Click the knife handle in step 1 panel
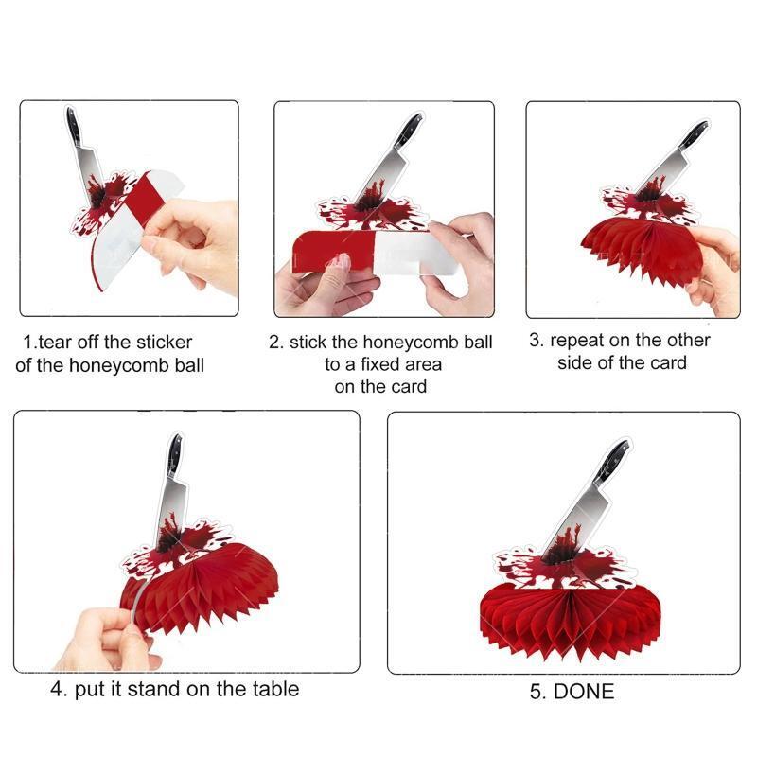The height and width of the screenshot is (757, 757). [x=74, y=126]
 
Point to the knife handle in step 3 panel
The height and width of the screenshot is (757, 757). [x=694, y=135]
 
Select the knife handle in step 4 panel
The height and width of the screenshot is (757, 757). [x=174, y=454]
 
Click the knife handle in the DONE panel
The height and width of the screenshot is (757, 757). [x=611, y=463]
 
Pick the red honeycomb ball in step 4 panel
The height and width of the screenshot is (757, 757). [x=202, y=589]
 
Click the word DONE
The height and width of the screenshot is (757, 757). [x=584, y=692]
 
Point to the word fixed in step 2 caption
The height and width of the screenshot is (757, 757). [x=380, y=364]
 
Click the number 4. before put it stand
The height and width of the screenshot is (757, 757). [x=59, y=689]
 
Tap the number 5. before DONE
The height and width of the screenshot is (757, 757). [x=537, y=692]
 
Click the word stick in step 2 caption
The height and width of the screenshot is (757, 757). [x=308, y=343]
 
